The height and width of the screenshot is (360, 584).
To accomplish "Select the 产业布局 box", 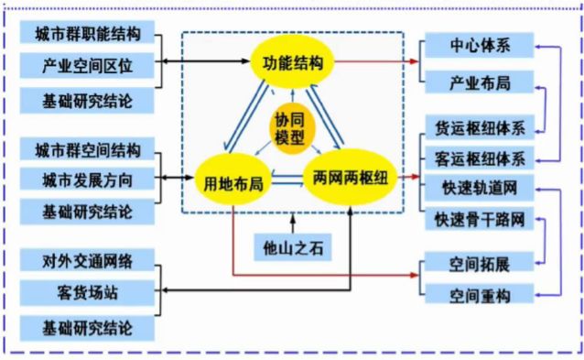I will click(480, 83).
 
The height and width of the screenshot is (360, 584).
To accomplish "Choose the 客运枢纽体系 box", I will click(480, 158).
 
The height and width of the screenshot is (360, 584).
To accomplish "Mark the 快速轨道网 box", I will click(480, 190).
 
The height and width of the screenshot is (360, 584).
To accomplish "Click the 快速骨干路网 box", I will click(480, 221).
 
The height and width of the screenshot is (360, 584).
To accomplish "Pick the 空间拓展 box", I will click(480, 264).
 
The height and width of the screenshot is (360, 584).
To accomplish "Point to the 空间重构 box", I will click(480, 295).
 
